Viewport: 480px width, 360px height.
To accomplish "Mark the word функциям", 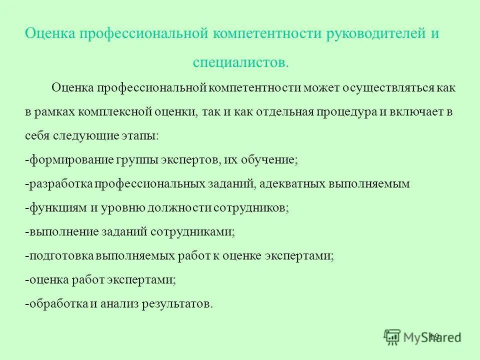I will click(56, 208).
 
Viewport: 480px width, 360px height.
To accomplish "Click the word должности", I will click(180, 208).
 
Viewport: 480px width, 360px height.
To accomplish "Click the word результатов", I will click(176, 304).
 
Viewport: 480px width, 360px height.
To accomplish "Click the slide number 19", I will click(433, 336).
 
